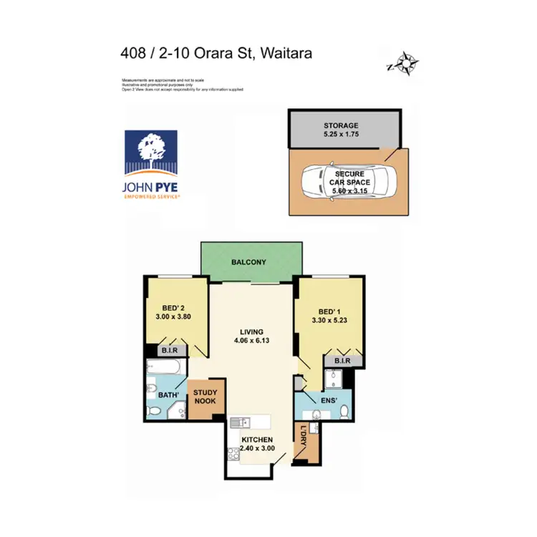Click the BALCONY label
pyautogui.click(x=248, y=263)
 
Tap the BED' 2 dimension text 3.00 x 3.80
pyautogui.click(x=173, y=316)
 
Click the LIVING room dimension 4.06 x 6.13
pyautogui.click(x=252, y=342)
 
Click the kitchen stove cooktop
pyautogui.click(x=233, y=453)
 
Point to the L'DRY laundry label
pyautogui.click(x=304, y=438)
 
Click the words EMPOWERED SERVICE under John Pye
pyautogui.click(x=151, y=195)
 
